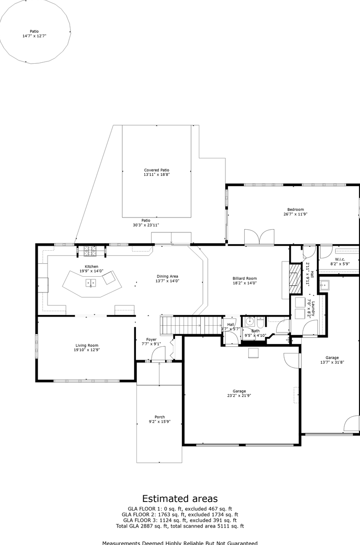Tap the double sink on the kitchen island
[91, 283]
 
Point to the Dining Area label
[167, 276]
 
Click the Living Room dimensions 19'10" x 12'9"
[87, 349]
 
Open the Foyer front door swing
[158, 354]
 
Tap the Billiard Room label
[245, 279]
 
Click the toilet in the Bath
[261, 321]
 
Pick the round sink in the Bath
[250, 321]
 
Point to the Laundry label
[314, 309]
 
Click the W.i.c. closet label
[339, 260]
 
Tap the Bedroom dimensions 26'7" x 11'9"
[295, 214]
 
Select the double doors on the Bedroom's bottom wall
[259, 237]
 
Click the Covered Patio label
[157, 170]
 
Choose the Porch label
[159, 417]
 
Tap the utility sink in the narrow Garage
[324, 285]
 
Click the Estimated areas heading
[180, 498]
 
